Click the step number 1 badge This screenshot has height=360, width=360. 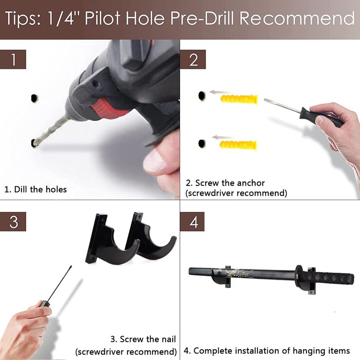(13, 59)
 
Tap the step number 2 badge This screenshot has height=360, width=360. (193, 59)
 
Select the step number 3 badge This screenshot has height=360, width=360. (13, 221)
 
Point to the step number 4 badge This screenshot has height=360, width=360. (193, 221)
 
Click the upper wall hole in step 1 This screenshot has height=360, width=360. (35, 98)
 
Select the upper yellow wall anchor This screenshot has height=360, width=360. (239, 99)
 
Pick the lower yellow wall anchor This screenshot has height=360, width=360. (238, 145)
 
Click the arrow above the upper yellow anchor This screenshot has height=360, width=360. (221, 92)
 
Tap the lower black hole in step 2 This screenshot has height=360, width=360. (202, 144)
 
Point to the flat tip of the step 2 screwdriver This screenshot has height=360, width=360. (265, 100)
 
